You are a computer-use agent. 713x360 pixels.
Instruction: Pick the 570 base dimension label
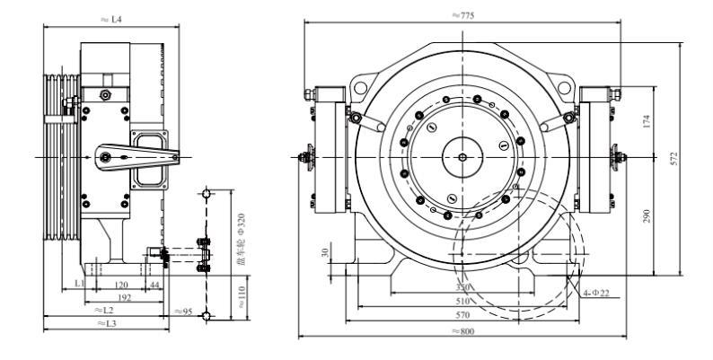pyautogui.click(x=463, y=315)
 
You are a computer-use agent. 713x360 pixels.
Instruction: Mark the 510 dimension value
pyautogui.click(x=463, y=302)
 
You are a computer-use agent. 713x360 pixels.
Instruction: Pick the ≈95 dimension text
pyautogui.click(x=184, y=311)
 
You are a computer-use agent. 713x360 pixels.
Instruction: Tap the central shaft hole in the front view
pyautogui.click(x=462, y=158)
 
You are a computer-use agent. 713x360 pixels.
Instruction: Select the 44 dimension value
pyautogui.click(x=154, y=283)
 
